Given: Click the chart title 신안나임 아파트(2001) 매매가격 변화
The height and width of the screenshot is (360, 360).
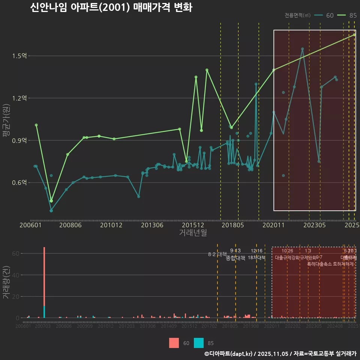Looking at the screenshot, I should pos(111,8).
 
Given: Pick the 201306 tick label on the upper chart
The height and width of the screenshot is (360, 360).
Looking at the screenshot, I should pos(152,225).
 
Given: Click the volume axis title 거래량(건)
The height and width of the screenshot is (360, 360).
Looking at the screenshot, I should pos(6,282).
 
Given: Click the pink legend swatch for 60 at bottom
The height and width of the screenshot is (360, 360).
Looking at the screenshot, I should pos(174,343).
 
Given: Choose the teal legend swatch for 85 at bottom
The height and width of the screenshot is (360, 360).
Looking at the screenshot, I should pos(199,343).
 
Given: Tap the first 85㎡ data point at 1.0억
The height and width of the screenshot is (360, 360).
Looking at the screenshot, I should pos(36,125).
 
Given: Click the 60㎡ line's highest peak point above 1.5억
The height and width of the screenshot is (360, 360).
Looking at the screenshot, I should pos(302,49).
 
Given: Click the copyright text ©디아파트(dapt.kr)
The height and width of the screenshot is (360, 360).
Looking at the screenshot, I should pos(229,354).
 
